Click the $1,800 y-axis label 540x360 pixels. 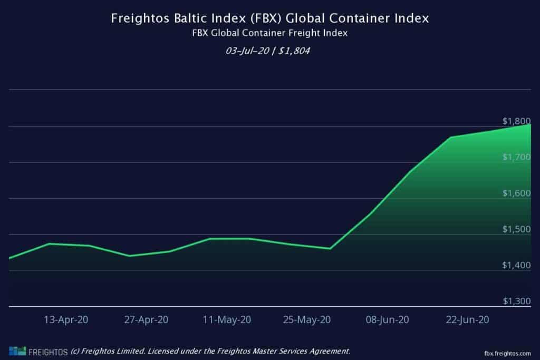pyautogui.click(x=516, y=120)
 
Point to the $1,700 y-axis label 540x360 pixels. pyautogui.click(x=516, y=157)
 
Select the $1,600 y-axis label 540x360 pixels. pyautogui.click(x=516, y=193)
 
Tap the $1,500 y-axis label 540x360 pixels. pyautogui.click(x=516, y=229)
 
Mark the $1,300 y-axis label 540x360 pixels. pyautogui.click(x=516, y=301)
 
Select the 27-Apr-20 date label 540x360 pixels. pyautogui.click(x=146, y=319)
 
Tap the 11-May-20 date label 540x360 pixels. pyautogui.click(x=227, y=319)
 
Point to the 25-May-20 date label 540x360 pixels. pyautogui.click(x=307, y=319)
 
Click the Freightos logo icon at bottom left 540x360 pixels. pyautogui.click(x=17, y=351)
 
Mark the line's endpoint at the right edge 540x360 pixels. pyautogui.click(x=529, y=125)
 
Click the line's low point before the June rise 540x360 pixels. pyautogui.click(x=330, y=248)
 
